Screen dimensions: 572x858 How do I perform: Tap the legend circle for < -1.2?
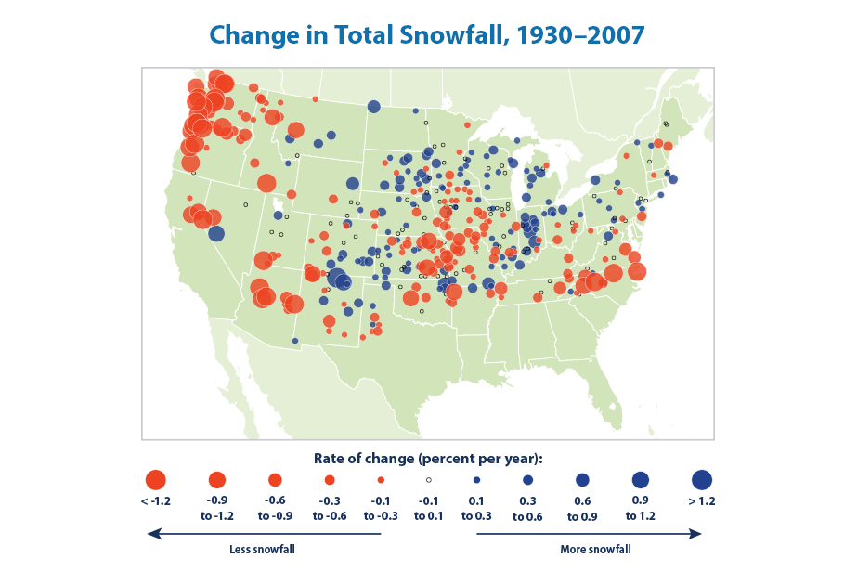click(x=155, y=480)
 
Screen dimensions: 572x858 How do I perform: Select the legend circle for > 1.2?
click(x=702, y=480)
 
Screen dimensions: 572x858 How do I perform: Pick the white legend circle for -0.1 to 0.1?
click(x=428, y=480)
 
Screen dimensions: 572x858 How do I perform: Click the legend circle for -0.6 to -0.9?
click(x=275, y=480)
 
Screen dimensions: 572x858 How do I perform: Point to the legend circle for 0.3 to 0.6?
click(x=527, y=480)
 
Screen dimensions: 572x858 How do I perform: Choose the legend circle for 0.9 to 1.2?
click(x=641, y=480)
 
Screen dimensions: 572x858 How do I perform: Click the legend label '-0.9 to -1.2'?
click(x=217, y=507)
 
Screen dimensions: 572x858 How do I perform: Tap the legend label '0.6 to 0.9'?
click(x=582, y=507)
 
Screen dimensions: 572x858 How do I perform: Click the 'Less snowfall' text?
click(x=256, y=550)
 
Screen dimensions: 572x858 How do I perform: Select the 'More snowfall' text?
click(x=595, y=550)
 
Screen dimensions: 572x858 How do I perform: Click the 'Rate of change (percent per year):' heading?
click(x=428, y=460)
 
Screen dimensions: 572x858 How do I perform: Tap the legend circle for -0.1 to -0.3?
click(x=382, y=480)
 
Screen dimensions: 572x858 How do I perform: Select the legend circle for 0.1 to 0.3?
click(x=476, y=480)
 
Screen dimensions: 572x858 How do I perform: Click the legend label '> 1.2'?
click(x=702, y=501)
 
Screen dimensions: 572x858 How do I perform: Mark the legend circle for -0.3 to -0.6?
click(x=330, y=480)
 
